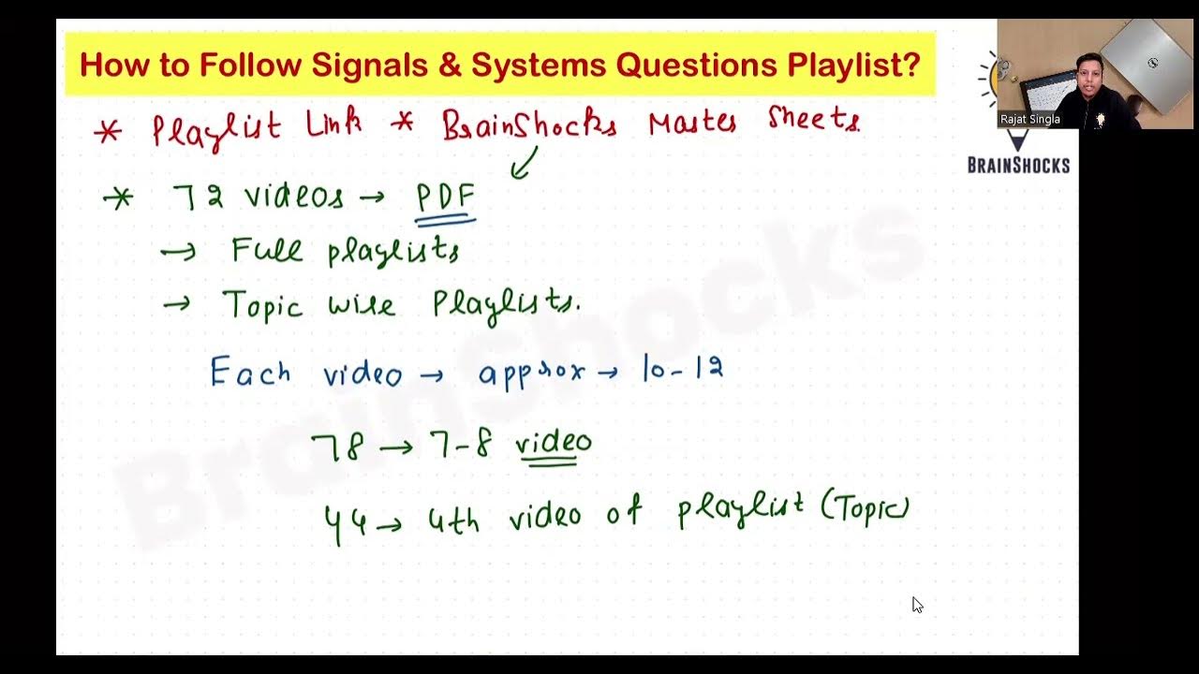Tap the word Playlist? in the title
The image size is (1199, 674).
tap(853, 65)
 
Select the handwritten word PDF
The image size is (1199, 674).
tap(445, 198)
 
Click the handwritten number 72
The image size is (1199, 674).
tap(198, 198)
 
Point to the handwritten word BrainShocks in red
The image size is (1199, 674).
tap(529, 125)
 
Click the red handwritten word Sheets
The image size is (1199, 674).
tap(813, 120)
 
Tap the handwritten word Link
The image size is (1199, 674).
tap(333, 125)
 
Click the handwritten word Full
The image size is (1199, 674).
tap(267, 251)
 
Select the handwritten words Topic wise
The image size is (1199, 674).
tap(308, 306)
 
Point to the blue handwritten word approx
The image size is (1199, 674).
tap(531, 373)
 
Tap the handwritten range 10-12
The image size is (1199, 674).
tap(682, 369)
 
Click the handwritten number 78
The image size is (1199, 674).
tap(337, 446)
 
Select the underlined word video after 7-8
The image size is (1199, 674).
tap(554, 442)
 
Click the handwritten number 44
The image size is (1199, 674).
tap(346, 521)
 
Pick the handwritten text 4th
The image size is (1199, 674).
tap(453, 520)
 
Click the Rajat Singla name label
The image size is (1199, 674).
tap(1029, 120)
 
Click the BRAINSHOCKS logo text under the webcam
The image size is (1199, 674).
tap(1018, 166)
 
